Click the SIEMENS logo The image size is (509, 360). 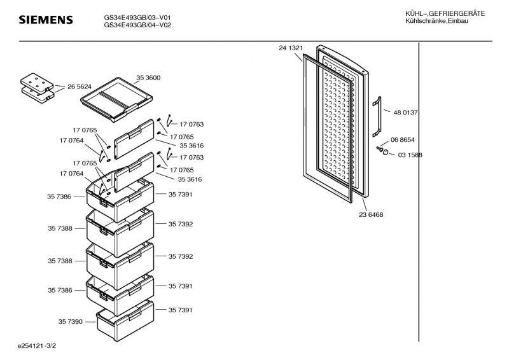click(45, 20)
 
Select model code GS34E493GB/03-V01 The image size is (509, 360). click(137, 17)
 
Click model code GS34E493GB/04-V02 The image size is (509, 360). click(137, 25)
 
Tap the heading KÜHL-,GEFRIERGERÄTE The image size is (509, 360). click(445, 14)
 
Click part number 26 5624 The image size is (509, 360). click(80, 87)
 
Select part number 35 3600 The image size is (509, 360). click(148, 78)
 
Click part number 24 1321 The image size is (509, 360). click(290, 48)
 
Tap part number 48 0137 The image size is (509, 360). click(405, 113)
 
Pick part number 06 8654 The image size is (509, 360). click(402, 140)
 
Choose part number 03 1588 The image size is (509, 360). click(410, 155)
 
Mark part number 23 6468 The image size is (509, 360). click(371, 214)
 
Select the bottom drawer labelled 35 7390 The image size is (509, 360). click(125, 318)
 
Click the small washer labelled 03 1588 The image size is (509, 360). click(386, 153)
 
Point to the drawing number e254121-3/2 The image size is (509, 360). click(41, 347)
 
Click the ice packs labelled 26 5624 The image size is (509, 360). click(36, 87)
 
